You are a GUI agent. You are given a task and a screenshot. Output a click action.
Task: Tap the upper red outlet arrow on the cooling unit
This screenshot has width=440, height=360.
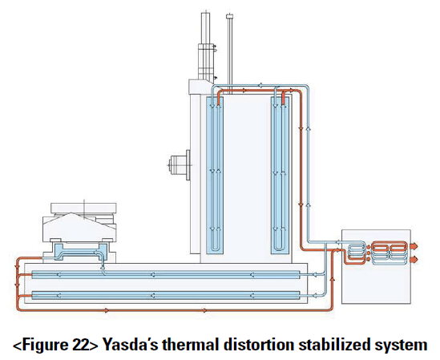tap(414, 246)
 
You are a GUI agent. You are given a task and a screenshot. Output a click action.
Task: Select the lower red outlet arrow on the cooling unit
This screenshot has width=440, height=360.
tap(414, 259)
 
